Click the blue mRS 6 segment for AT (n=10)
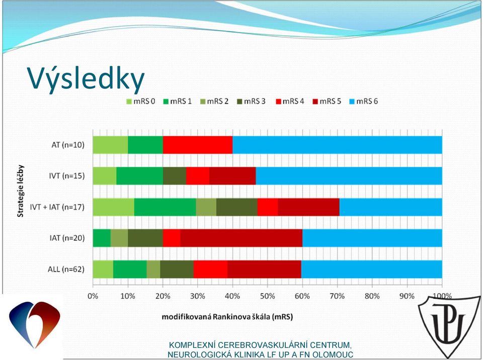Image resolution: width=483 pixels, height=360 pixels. click(x=337, y=145)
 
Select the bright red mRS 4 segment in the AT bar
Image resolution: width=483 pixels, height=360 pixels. click(x=198, y=145)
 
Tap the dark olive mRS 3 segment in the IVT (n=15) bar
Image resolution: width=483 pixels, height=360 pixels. click(x=175, y=176)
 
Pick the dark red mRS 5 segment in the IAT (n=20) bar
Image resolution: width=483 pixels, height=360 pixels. click(x=241, y=238)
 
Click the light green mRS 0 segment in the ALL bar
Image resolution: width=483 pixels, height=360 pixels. click(x=103, y=269)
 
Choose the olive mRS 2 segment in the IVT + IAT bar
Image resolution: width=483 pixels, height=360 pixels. click(x=206, y=207)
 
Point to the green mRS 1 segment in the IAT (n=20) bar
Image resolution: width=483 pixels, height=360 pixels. click(x=102, y=238)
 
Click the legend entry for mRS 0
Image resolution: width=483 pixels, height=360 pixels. click(x=141, y=102)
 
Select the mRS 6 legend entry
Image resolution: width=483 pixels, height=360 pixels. click(x=363, y=102)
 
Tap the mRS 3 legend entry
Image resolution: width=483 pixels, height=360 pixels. click(x=252, y=102)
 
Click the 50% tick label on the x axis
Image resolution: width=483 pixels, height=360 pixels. click(x=267, y=296)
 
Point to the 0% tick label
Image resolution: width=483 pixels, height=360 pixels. click(x=93, y=296)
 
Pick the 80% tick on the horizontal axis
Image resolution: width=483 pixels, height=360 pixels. click(x=372, y=296)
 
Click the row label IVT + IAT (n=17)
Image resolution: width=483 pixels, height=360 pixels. click(x=57, y=207)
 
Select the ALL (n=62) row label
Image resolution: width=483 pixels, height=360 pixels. click(x=66, y=269)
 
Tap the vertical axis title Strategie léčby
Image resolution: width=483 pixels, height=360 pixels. click(x=21, y=191)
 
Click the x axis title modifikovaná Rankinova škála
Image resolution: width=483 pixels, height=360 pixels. click(x=227, y=317)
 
